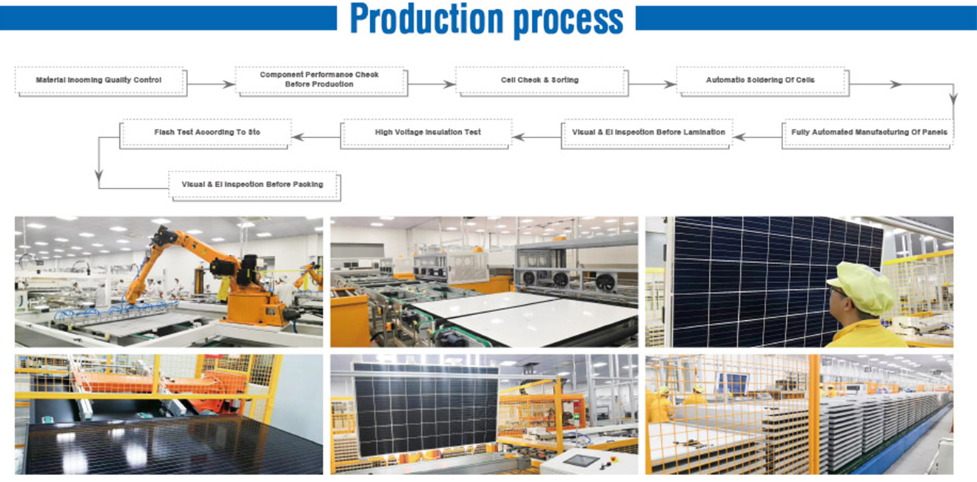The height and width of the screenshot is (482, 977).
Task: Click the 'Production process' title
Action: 486,19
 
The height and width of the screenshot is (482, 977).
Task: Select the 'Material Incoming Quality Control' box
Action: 101,81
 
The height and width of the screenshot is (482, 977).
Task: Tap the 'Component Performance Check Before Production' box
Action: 321,81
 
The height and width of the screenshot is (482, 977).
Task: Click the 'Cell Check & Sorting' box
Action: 542,81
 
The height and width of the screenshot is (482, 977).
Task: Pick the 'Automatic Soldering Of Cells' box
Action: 762,81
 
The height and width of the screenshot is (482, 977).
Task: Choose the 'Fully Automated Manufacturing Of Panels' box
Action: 868,134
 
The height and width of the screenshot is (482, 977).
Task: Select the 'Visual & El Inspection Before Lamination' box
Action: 647,134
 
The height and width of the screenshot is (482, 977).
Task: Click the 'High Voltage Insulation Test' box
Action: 426,134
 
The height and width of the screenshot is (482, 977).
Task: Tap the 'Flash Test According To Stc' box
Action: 206,134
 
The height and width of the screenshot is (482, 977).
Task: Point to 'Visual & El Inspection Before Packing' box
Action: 255,186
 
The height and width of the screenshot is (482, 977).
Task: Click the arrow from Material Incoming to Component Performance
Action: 211,84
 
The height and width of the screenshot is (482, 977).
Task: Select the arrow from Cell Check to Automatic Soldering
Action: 652,84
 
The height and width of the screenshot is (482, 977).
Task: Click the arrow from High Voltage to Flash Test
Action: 316,138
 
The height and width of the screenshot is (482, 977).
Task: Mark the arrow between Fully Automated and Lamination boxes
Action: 758,138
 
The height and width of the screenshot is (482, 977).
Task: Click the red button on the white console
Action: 615,458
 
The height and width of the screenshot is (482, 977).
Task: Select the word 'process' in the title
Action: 568,21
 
